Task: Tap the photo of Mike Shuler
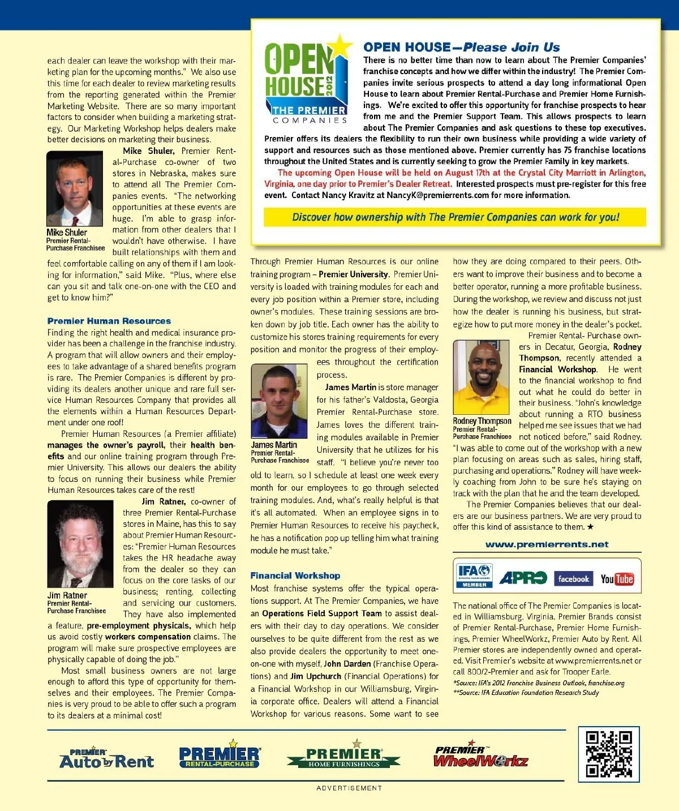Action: point(75,188)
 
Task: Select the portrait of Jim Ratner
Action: point(80,544)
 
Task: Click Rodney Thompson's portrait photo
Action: point(481,377)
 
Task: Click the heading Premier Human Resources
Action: point(109,321)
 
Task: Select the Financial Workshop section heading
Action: point(295,576)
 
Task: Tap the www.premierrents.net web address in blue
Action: point(547,544)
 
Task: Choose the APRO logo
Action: point(522,578)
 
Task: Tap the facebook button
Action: point(573,578)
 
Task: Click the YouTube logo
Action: point(617,578)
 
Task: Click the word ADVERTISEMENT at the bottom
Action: point(349,788)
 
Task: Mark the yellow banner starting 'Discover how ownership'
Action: point(455,217)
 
